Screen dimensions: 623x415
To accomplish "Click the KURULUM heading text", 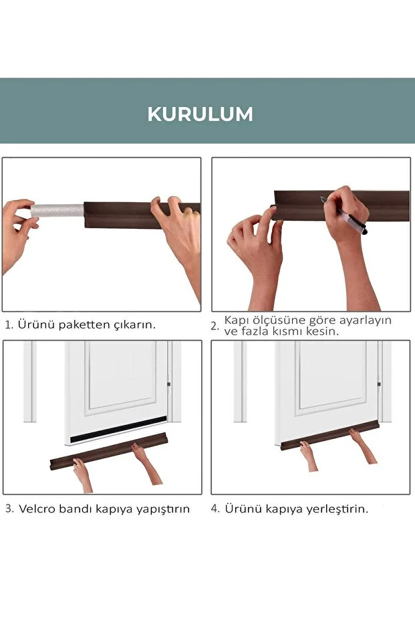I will tap(200, 114).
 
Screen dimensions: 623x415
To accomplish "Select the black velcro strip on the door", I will tap(118, 426).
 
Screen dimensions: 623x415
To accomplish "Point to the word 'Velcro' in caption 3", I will tap(38, 509).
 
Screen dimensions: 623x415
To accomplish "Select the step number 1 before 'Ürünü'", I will tap(8, 325).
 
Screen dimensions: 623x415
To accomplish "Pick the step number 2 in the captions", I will tap(215, 327).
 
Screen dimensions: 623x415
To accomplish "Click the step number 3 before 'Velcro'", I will tap(9, 509).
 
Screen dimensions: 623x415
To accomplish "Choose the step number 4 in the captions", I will tap(215, 509).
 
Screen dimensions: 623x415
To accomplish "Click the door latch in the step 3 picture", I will tap(168, 384).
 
